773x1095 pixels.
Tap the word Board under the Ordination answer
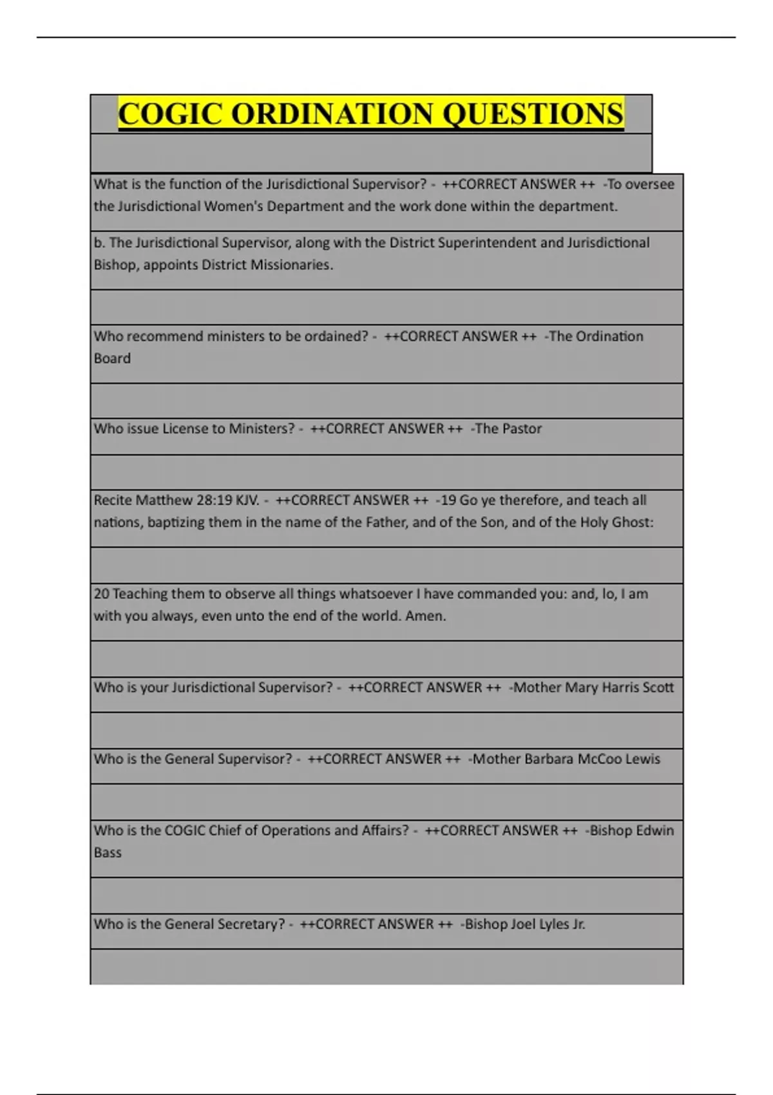pos(112,359)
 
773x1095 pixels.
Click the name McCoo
pos(599,759)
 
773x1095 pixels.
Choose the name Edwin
pos(654,831)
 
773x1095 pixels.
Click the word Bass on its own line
pos(108,853)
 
